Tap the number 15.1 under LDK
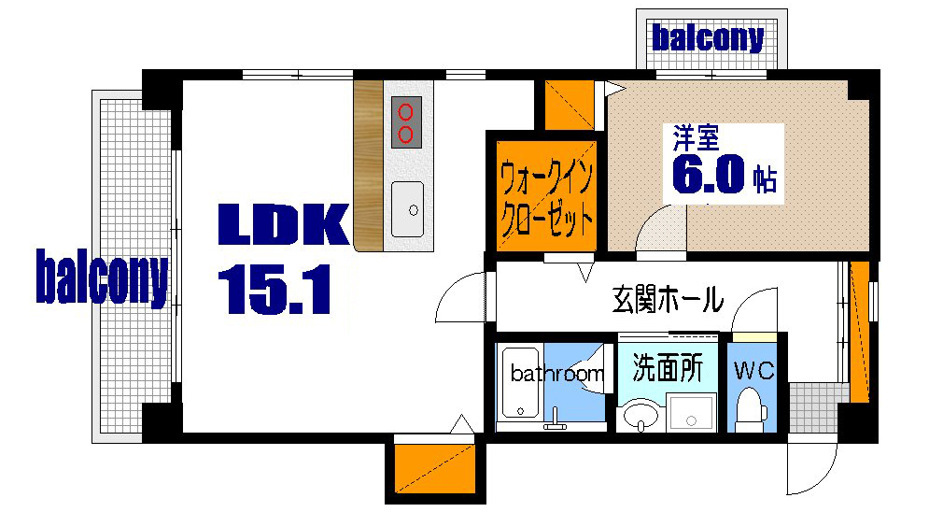[x=275, y=289]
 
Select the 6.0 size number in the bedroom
[x=709, y=175]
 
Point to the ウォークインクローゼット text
[x=546, y=198]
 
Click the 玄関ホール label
[x=668, y=301]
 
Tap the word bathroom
[x=556, y=374]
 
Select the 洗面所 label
[x=667, y=367]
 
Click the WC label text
[x=753, y=371]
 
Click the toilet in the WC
[x=750, y=408]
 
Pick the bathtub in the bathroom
[x=515, y=383]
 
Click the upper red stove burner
[x=406, y=112]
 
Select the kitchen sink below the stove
[x=407, y=208]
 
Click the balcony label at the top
[x=708, y=38]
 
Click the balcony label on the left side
[x=103, y=277]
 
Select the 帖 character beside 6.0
[x=766, y=179]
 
